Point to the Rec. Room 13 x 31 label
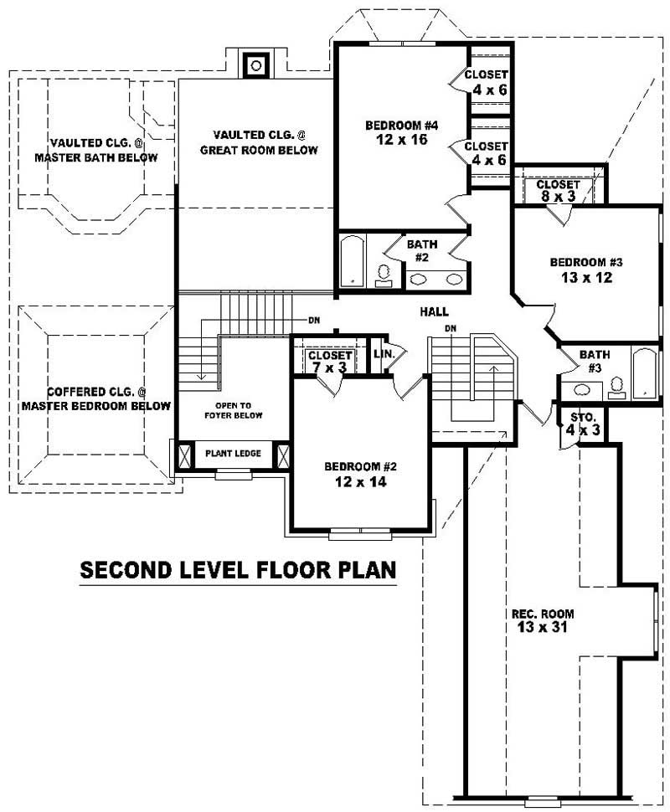543,620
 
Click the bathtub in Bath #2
352,260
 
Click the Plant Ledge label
234,454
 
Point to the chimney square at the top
256,64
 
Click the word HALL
434,311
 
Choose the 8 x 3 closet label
558,190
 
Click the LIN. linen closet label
384,354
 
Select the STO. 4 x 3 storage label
582,423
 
